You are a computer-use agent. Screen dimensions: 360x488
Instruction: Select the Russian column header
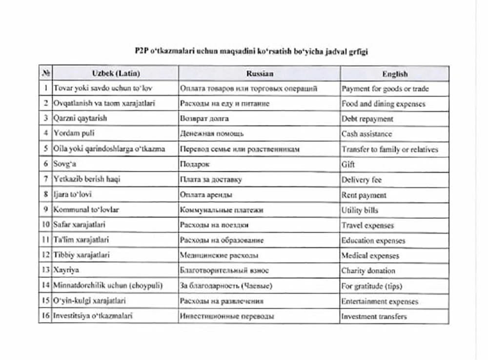tap(259, 74)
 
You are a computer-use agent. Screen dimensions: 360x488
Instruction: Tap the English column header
tap(395, 74)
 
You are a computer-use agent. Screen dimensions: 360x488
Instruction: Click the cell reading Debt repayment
tap(367, 119)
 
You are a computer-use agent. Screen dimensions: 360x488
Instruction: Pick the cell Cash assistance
tap(366, 134)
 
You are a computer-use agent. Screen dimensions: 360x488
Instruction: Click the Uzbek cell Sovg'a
tap(65, 164)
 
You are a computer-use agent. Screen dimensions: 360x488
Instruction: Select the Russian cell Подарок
tap(195, 164)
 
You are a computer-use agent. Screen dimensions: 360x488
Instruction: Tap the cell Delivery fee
tap(362, 180)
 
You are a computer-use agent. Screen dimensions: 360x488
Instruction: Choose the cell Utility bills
tap(360, 210)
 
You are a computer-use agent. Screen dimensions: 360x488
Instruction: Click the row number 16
tap(45, 316)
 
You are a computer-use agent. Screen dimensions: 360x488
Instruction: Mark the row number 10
tap(45, 225)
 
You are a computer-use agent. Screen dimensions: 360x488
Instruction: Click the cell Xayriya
tap(66, 270)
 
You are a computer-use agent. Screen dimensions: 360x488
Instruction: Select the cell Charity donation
tap(368, 271)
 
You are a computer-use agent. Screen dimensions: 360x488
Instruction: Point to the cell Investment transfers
tap(374, 316)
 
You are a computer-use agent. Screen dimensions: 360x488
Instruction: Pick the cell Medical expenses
tap(370, 255)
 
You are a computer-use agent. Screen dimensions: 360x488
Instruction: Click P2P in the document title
tap(141, 51)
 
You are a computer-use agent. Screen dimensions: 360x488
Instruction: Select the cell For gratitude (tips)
tap(372, 286)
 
